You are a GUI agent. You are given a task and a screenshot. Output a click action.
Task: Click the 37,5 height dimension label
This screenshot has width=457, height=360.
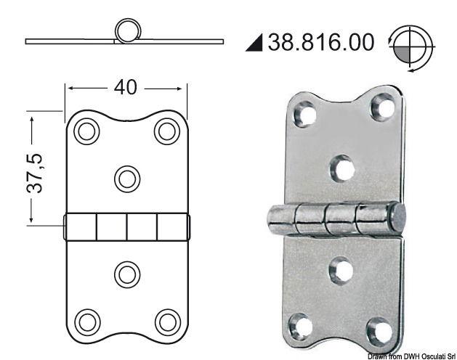pyautogui.click(x=35, y=172)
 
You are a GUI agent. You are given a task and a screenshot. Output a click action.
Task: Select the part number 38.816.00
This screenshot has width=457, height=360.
pyautogui.click(x=321, y=42)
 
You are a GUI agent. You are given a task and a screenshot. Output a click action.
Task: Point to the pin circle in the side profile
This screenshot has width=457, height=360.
pyautogui.click(x=128, y=33)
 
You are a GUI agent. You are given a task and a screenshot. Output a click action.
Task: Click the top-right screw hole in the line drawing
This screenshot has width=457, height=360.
pyautogui.click(x=167, y=131)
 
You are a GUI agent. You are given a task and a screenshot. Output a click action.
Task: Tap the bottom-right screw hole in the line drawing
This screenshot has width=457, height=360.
pyautogui.click(x=167, y=321)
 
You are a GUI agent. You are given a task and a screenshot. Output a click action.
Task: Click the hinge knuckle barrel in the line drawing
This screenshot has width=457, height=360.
pyautogui.click(x=127, y=226)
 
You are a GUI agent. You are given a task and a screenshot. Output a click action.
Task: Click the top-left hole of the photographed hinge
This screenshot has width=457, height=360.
pyautogui.click(x=304, y=114)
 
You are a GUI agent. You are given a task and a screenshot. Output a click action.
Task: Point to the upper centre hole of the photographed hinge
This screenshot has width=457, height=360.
pyautogui.click(x=341, y=168)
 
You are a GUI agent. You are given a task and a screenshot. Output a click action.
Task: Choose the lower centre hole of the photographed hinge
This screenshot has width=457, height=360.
pyautogui.click(x=340, y=271)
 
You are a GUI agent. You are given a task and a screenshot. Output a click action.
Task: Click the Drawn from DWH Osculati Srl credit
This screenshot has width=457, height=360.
pyautogui.click(x=411, y=355)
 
